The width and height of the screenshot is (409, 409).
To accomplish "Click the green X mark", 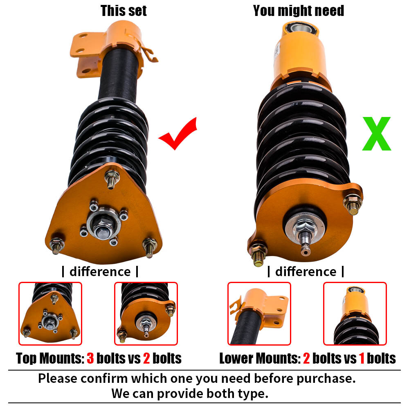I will [x=376, y=134].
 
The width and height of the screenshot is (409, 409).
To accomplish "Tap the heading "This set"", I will [x=124, y=11].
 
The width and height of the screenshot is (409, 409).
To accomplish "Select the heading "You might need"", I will [x=298, y=11].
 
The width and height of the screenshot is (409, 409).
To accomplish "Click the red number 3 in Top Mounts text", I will [x=91, y=358].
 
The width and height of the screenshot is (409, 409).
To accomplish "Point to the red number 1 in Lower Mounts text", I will [x=361, y=358].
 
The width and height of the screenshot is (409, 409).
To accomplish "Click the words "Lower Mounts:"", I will [x=259, y=358].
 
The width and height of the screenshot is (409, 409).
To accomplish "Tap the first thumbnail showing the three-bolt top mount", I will [x=50, y=314].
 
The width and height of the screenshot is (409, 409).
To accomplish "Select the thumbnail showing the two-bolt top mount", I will [x=146, y=314].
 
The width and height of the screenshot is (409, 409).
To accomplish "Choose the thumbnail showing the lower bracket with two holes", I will [x=259, y=314].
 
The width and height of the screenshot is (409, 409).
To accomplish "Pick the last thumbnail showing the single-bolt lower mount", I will [x=355, y=314].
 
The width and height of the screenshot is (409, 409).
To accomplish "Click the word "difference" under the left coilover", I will [x=100, y=272].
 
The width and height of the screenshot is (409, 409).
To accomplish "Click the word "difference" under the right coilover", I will [x=306, y=272].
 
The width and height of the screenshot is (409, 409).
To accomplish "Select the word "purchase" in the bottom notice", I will [x=322, y=378].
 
